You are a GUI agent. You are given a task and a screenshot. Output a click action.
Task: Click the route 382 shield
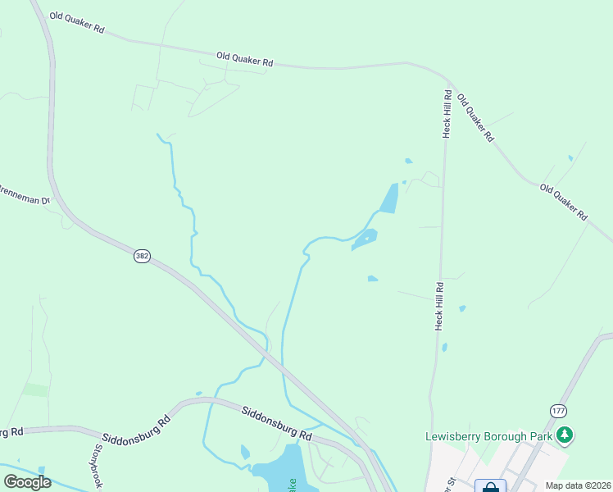click(x=142, y=257)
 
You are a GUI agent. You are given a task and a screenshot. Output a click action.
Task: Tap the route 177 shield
click(x=558, y=410)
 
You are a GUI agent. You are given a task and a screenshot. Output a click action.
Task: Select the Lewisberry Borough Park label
click(x=488, y=436)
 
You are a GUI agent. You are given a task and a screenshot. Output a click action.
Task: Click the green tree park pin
click(x=564, y=435)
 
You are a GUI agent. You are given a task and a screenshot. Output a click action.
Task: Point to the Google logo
click(x=27, y=482)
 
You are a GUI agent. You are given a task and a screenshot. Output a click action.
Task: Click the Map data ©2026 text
click(x=578, y=485)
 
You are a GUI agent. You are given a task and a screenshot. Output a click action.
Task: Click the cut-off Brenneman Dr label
click(x=25, y=199)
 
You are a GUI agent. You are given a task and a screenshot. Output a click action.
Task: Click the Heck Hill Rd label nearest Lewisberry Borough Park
click(x=439, y=307)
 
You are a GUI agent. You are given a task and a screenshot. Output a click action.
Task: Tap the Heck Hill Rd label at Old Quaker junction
click(x=447, y=115)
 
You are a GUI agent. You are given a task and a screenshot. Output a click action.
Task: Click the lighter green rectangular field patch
click(x=36, y=389)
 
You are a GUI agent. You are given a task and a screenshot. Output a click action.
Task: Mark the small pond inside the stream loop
click(x=244, y=452)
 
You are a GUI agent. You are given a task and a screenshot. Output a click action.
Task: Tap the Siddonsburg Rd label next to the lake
click(x=277, y=423)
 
